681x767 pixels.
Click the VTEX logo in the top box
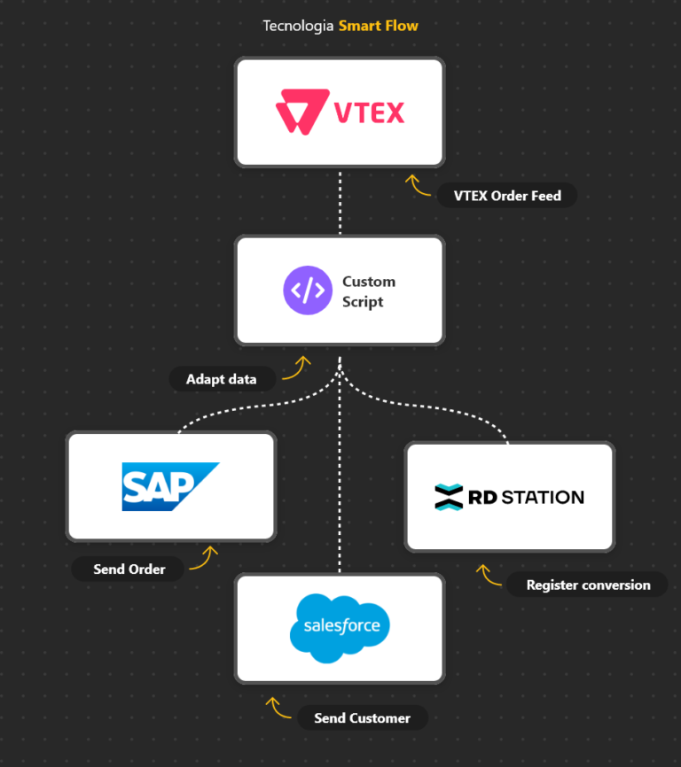click(x=340, y=112)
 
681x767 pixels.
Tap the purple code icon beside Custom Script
click(x=308, y=291)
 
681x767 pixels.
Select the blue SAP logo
click(x=170, y=486)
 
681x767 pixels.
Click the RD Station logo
click(x=509, y=497)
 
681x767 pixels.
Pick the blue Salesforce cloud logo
click(x=340, y=628)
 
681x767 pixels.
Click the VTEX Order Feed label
click(x=507, y=196)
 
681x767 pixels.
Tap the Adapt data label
click(x=221, y=379)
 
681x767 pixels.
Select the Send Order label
click(x=129, y=569)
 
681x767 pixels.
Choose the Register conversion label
click(x=588, y=585)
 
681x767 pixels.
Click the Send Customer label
click(x=362, y=717)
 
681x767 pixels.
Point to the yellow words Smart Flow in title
click(x=378, y=26)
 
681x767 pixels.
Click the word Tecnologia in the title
click(x=298, y=26)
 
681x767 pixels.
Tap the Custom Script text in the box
click(x=368, y=291)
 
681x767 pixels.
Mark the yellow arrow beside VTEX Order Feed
click(x=418, y=185)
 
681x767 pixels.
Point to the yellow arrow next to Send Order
click(x=204, y=557)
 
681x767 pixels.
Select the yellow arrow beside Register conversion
click(x=487, y=575)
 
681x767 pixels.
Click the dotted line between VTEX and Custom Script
click(x=340, y=201)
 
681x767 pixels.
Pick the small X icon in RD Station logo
click(x=449, y=497)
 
